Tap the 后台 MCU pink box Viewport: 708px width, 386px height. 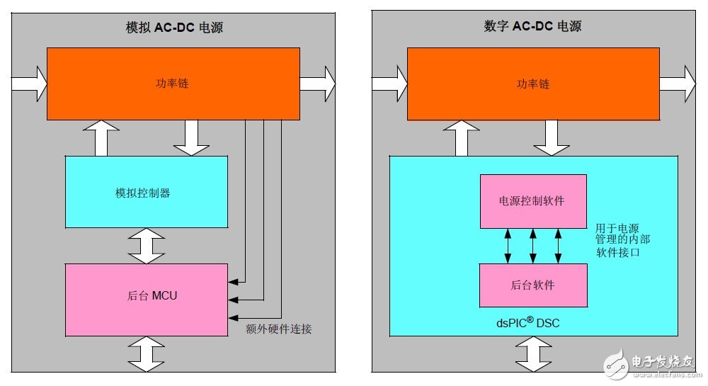147,295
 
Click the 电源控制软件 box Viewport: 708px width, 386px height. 532,201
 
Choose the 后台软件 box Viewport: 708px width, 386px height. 532,285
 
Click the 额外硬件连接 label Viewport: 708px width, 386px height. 278,329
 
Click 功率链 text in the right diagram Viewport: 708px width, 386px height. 532,84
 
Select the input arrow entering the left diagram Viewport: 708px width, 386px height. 29,84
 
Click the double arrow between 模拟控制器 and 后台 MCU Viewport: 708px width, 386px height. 147,246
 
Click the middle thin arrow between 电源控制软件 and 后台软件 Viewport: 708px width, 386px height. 533,246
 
